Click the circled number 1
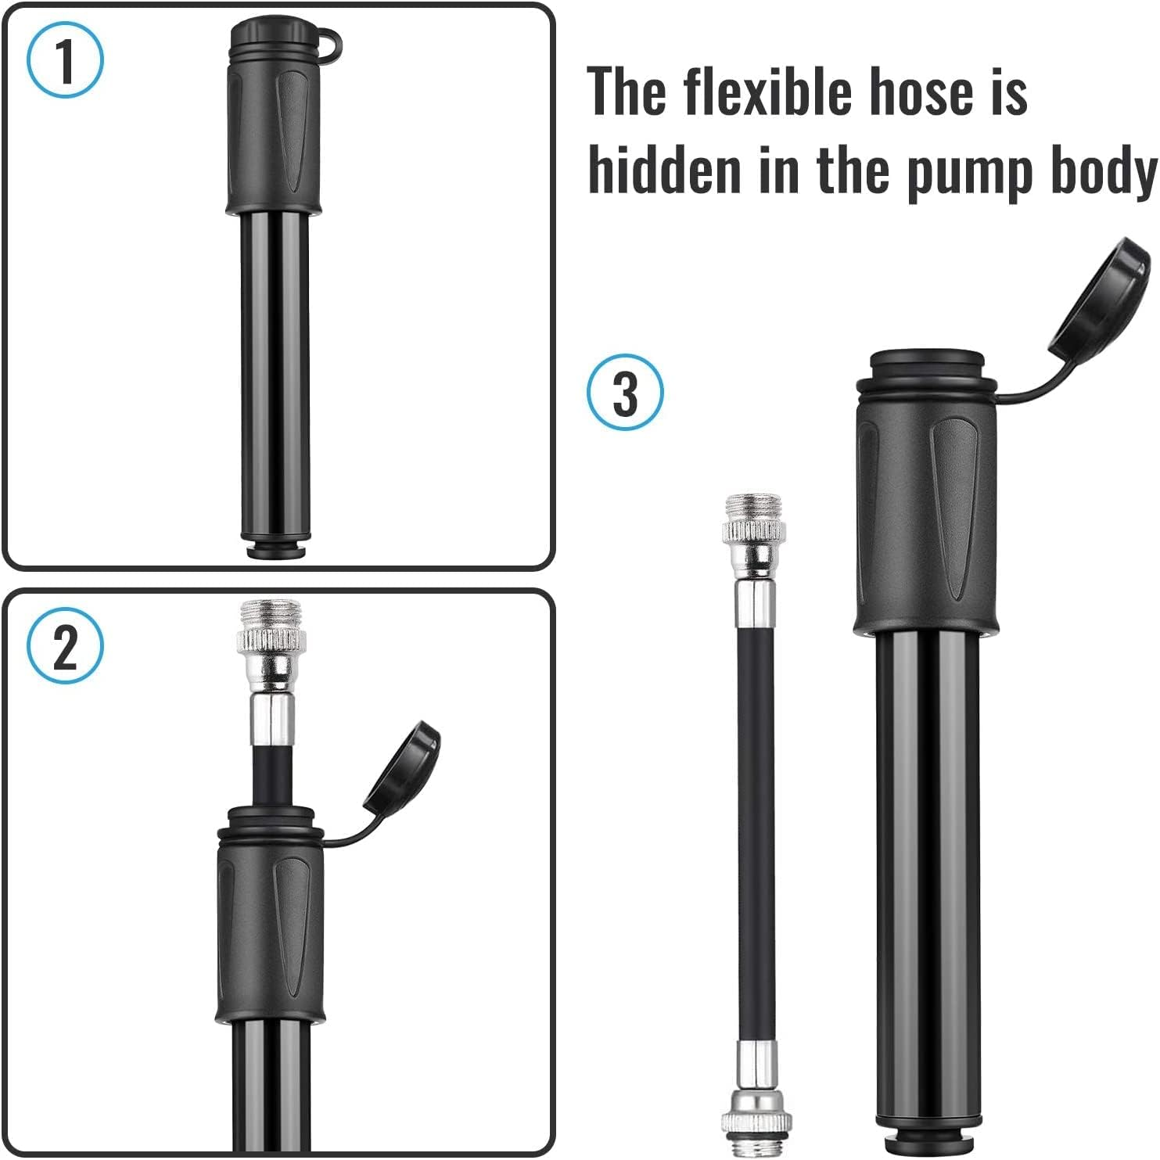(x=65, y=60)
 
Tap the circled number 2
(x=65, y=646)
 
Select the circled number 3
(x=625, y=392)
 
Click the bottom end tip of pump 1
(x=275, y=548)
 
